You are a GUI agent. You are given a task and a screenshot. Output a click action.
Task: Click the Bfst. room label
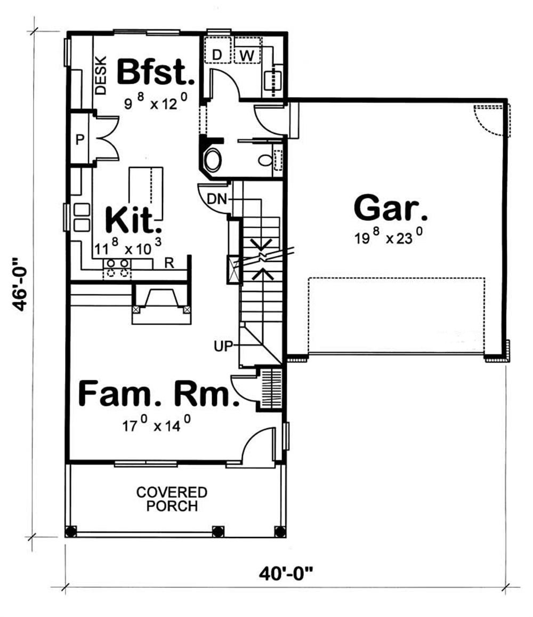click(x=156, y=73)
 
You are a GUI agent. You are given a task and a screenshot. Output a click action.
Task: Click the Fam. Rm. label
click(x=158, y=395)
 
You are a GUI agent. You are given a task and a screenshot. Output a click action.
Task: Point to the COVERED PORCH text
click(x=172, y=499)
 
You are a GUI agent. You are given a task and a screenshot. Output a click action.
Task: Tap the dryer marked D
click(x=217, y=54)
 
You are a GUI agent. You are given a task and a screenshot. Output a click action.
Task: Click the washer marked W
click(x=246, y=54)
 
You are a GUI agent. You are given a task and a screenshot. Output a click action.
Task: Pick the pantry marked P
click(x=80, y=140)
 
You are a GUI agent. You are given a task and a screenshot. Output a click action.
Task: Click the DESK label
click(x=101, y=75)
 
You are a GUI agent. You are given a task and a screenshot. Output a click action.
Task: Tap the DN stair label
click(x=217, y=199)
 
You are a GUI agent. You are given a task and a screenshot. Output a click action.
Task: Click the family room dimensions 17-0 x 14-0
click(x=156, y=426)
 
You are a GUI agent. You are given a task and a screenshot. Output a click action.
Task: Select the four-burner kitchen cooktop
click(x=117, y=268)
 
